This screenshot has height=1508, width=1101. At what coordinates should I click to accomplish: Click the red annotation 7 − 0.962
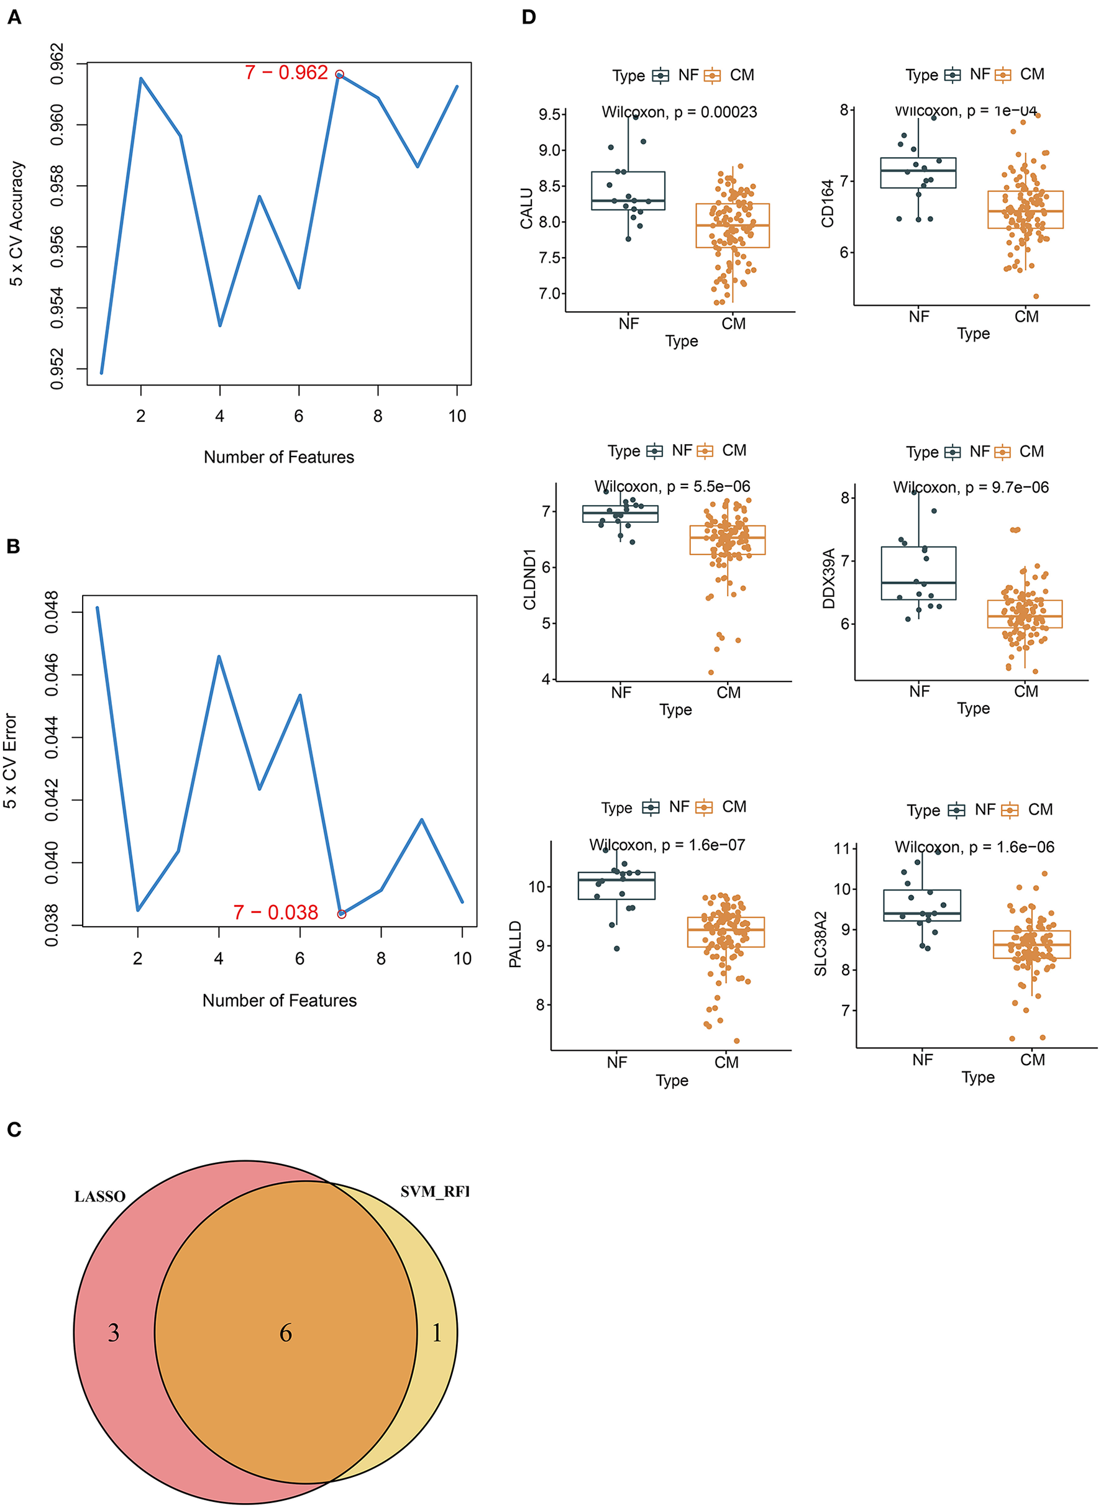pos(286,73)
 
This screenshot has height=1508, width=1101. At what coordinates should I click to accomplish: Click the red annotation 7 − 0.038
pos(275,912)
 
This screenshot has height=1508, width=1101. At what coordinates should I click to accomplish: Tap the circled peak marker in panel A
pos(339,75)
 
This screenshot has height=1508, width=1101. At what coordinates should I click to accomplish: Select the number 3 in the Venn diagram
pos(114,1333)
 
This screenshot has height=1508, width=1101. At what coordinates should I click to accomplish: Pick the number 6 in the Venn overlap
pos(286,1333)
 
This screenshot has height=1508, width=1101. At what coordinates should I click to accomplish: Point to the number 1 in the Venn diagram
pos(437,1333)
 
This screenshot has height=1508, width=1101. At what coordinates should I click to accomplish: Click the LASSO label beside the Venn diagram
pos(99,1197)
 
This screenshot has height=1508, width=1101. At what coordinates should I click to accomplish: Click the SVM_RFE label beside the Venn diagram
pos(434,1192)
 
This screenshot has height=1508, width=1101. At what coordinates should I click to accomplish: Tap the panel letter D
pos(529,17)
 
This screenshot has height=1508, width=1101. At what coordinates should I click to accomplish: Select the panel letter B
pos(13,547)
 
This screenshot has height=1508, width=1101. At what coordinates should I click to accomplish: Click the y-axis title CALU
pos(526,209)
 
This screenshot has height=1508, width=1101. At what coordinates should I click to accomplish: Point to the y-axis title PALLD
pos(515,945)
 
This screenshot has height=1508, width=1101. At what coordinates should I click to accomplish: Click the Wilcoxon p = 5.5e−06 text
pos(672,487)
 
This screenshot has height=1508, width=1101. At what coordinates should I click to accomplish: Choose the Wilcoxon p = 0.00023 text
pos(679,112)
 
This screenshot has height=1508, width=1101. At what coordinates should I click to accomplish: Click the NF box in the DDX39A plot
pos(918,573)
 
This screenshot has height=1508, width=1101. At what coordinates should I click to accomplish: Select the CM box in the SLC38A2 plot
pos(1031,945)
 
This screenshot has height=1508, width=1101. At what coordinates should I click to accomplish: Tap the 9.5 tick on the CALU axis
pos(550,114)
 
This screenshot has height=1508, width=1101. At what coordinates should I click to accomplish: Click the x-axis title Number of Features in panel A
pos(278,458)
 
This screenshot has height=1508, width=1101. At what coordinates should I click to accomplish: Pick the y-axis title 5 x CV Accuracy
pos(17,224)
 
